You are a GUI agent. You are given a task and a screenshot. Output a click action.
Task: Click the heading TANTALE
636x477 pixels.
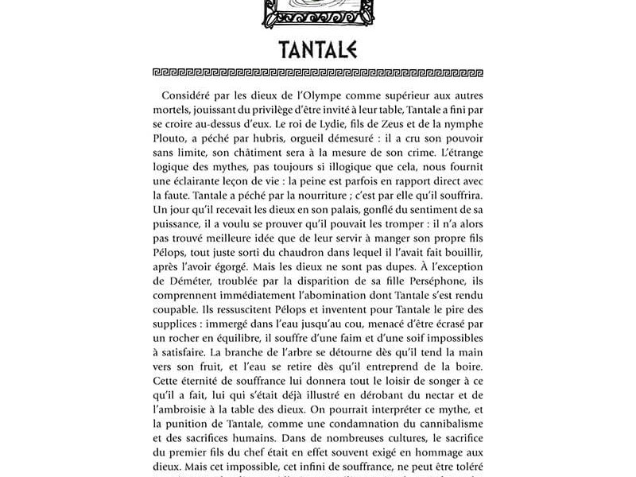pyautogui.click(x=318, y=49)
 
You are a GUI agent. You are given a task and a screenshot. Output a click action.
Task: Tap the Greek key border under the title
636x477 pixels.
pyautogui.click(x=318, y=72)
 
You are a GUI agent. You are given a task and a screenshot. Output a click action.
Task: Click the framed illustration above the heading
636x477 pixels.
pyautogui.click(x=317, y=10)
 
